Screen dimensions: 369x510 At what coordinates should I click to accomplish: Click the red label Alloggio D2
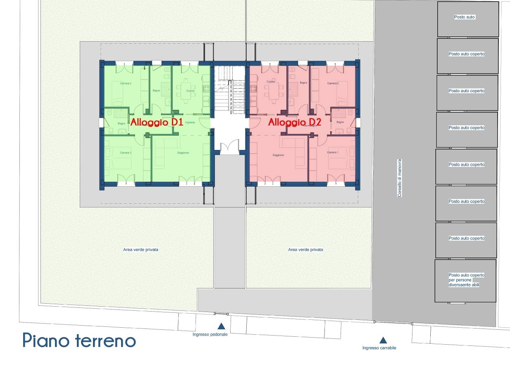click(294, 122)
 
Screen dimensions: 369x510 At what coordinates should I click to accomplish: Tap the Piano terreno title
click(79, 340)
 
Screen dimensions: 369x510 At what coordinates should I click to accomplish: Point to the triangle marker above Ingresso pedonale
click(222, 326)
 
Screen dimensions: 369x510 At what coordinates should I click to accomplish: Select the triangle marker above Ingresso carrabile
click(383, 340)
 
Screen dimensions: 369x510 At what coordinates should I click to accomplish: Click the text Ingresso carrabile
click(379, 348)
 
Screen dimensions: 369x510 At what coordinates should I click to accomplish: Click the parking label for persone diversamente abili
click(466, 280)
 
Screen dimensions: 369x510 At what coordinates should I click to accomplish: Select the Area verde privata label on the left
click(141, 250)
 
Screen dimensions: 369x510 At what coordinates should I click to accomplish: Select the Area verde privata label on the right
click(305, 250)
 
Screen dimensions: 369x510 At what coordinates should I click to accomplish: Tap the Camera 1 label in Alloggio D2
click(332, 152)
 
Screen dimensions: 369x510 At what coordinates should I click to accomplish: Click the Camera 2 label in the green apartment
click(126, 83)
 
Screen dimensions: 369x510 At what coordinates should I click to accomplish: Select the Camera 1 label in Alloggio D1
click(126, 153)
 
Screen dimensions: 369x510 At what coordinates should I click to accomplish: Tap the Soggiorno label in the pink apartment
click(278, 155)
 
